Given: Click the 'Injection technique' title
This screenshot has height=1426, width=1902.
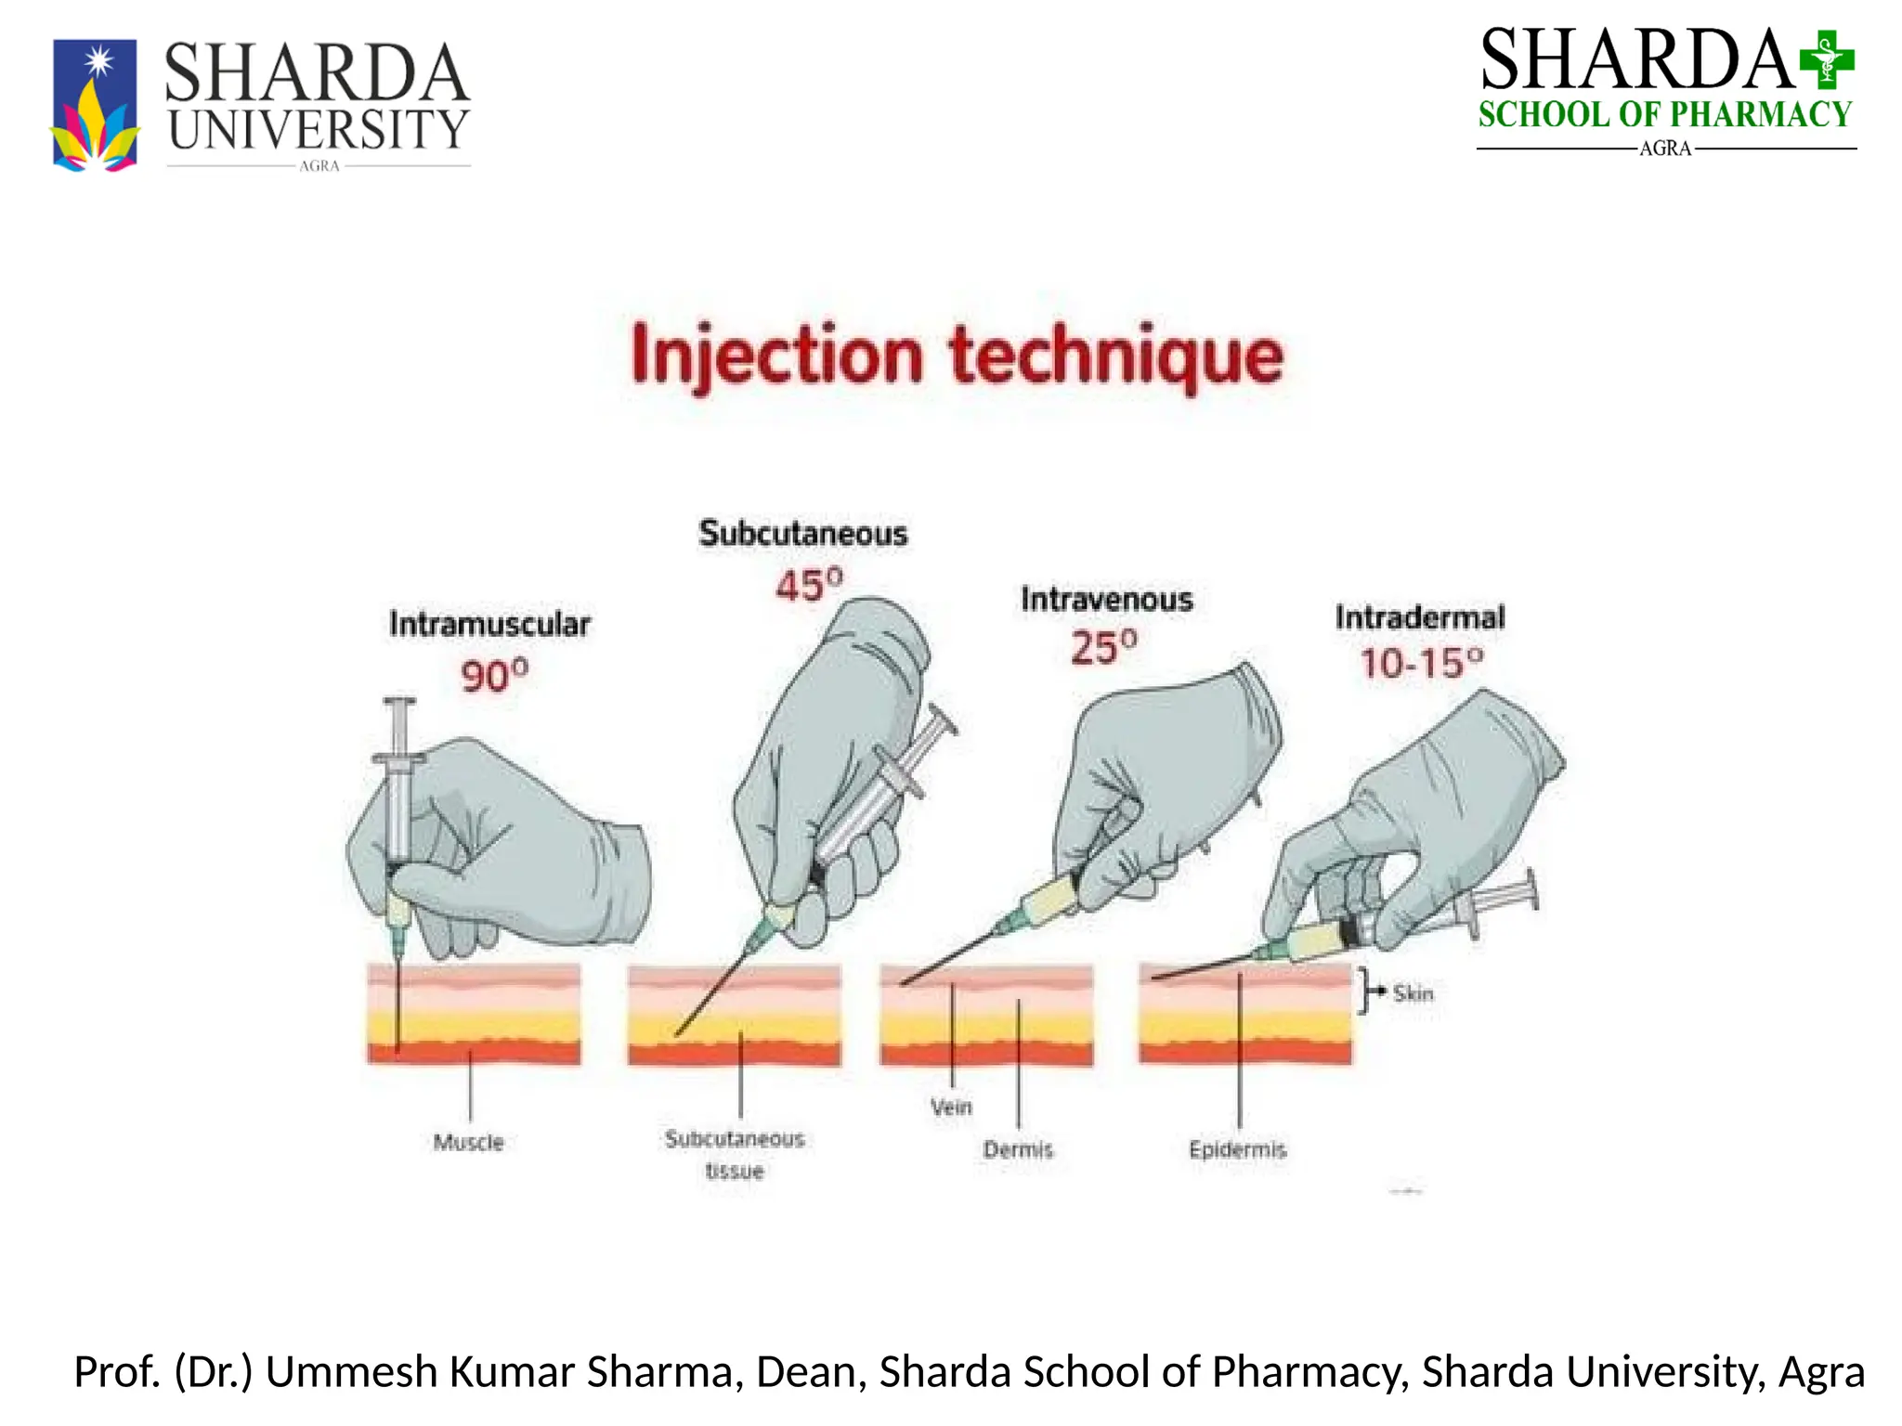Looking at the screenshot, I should [x=957, y=357].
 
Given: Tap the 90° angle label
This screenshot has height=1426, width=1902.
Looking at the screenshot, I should [x=494, y=674].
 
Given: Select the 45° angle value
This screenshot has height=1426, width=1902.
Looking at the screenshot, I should [x=809, y=585].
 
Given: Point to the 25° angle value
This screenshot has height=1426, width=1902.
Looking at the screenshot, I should [x=1103, y=646].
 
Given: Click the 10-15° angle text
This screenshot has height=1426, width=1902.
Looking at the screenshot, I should [x=1421, y=663].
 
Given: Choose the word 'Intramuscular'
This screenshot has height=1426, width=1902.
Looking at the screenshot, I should [x=489, y=624].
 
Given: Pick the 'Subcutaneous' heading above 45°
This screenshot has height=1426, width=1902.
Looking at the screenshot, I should [x=803, y=534].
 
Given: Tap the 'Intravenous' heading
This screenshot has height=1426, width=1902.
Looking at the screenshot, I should [x=1107, y=600].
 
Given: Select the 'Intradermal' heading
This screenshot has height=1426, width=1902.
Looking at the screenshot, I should [x=1420, y=617].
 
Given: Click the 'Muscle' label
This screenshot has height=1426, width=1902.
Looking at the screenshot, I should [x=468, y=1142].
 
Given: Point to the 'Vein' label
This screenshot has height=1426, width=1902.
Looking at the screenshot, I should [x=951, y=1107].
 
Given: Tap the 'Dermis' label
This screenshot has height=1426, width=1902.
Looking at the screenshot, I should [x=1018, y=1149].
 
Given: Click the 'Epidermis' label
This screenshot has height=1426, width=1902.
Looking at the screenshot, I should [x=1237, y=1149].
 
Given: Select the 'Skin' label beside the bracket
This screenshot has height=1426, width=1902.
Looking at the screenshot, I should [x=1413, y=993].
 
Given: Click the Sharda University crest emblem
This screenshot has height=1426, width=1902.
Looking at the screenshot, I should [x=95, y=105].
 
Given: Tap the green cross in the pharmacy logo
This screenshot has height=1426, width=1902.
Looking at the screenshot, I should [x=1826, y=58].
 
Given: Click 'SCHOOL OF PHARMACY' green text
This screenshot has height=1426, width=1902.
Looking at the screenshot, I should [x=1665, y=115].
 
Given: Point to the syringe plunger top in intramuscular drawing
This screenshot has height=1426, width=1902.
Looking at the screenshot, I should [x=399, y=702].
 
